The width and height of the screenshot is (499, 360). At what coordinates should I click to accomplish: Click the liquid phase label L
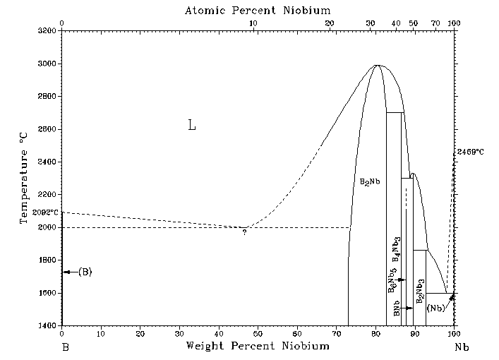coord(191,126)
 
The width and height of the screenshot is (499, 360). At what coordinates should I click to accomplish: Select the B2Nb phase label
coord(370,181)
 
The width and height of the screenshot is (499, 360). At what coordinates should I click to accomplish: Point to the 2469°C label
coord(470,152)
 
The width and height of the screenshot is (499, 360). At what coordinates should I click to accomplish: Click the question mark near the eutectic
coord(244,232)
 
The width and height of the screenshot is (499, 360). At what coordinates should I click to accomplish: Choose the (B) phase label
coord(85,272)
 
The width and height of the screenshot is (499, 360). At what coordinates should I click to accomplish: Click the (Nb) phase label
coord(435,308)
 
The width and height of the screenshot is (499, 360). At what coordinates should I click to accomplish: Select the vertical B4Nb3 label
coord(397,250)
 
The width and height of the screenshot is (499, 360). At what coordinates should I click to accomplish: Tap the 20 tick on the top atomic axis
coord(330,23)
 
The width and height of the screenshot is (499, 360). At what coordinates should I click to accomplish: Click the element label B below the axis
coord(64,348)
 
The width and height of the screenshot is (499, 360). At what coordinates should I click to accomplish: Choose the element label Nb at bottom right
coord(460,348)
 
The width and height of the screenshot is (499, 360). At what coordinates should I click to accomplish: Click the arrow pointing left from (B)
coord(69,272)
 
